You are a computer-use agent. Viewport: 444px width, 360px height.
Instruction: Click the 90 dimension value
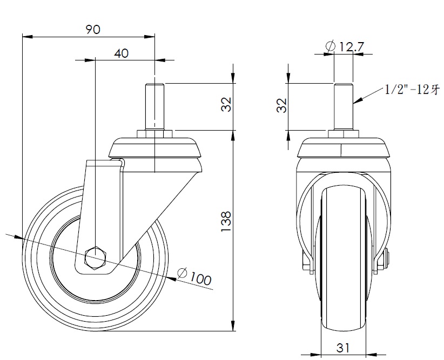point(93,30)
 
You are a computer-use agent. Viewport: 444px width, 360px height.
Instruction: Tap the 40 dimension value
point(121,53)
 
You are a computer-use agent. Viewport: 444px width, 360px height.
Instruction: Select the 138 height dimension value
point(226,221)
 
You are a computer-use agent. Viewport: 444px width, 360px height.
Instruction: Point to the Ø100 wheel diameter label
point(194,276)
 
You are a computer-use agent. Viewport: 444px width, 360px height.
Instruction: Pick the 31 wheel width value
point(343,348)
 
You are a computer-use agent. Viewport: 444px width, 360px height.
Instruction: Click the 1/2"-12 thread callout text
point(412,90)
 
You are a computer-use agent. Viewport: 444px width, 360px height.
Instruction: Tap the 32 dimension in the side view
point(226,104)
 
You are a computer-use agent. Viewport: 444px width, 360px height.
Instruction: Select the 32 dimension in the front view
point(282,105)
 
